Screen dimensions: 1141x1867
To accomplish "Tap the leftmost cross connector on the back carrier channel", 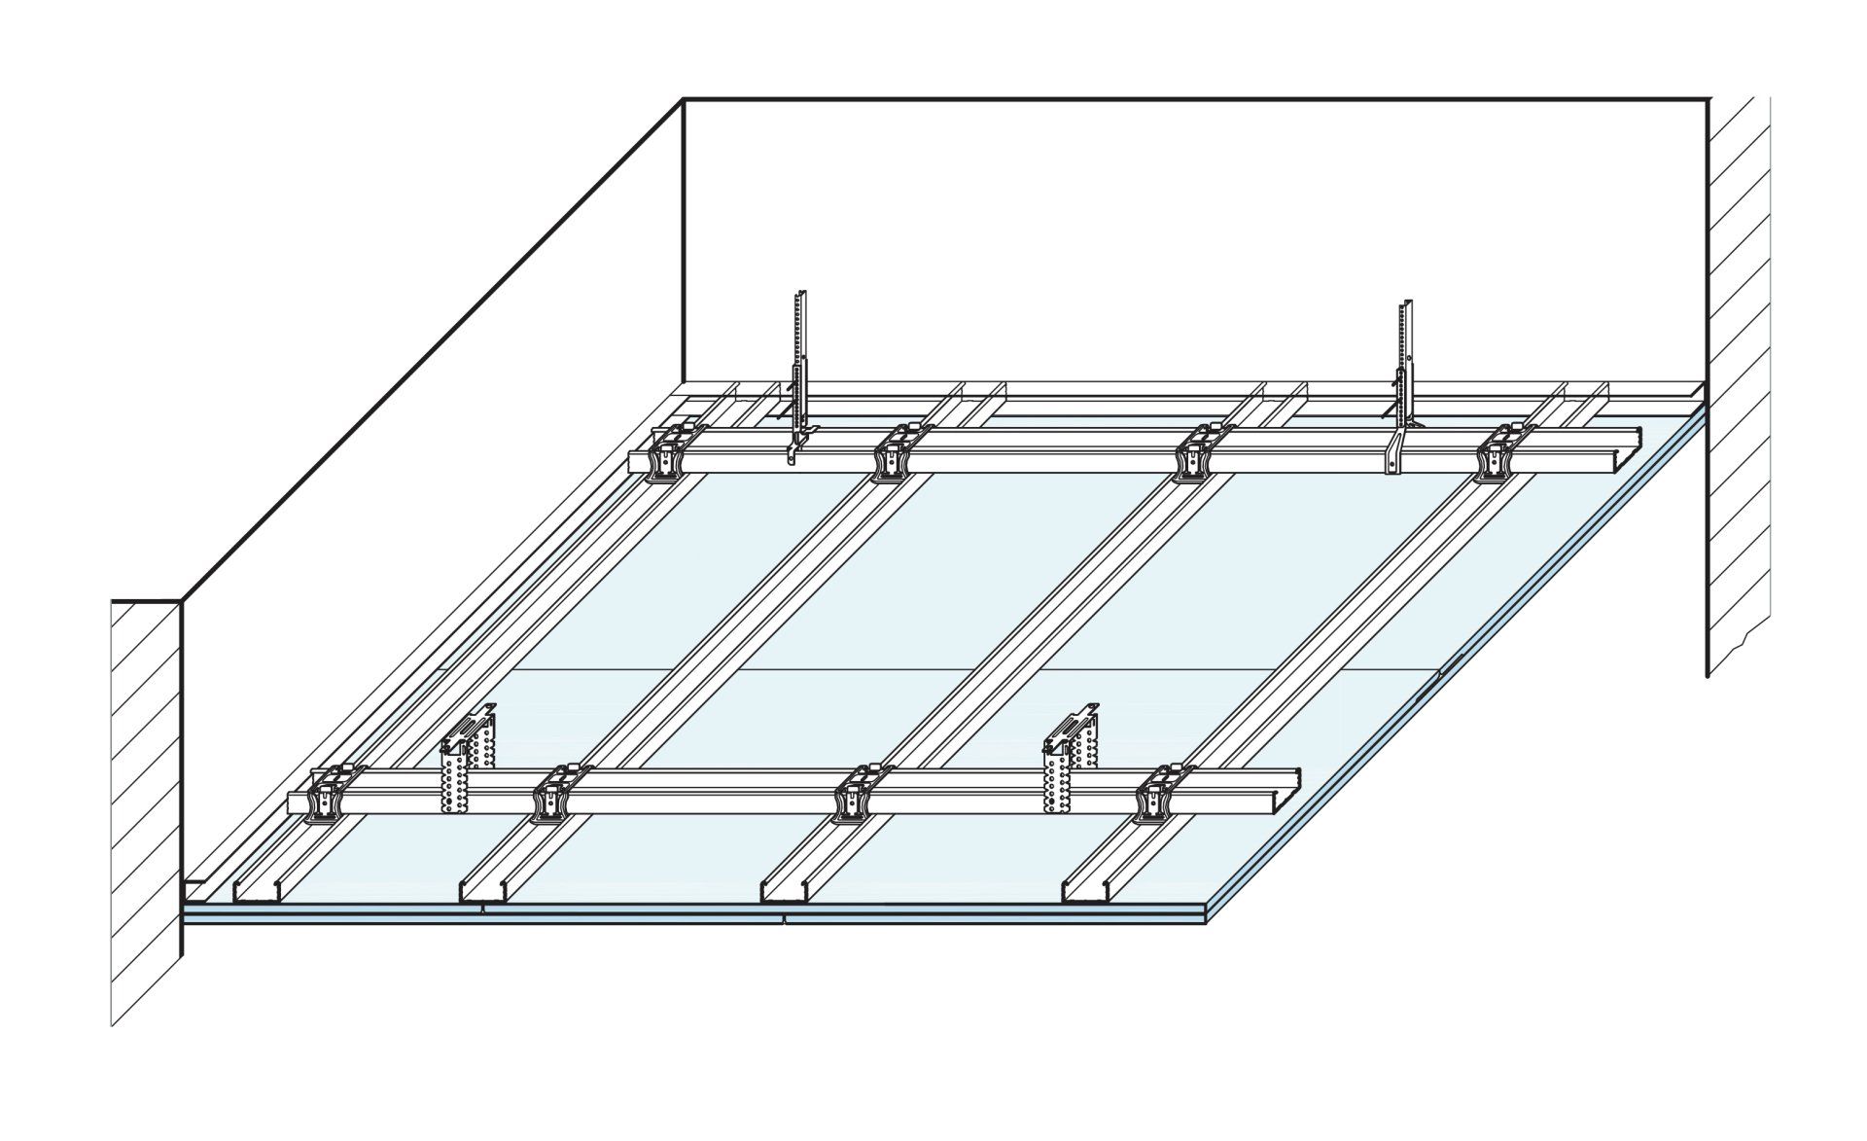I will [668, 453].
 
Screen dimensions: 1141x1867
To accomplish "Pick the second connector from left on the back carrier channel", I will [890, 453].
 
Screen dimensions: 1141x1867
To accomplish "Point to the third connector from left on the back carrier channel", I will [1193, 453].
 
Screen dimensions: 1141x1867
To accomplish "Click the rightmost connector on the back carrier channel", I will [1493, 453].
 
